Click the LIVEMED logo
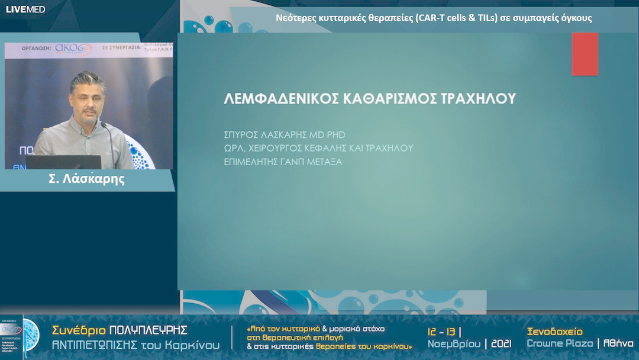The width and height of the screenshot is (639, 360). (x=25, y=9)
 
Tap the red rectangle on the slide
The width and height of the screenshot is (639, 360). (x=585, y=54)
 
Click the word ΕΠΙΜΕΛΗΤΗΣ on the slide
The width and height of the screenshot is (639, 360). (x=250, y=161)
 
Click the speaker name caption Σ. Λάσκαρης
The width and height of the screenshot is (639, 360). (x=86, y=179)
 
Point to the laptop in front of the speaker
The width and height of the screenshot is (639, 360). (x=63, y=162)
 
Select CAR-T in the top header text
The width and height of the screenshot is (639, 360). (x=431, y=18)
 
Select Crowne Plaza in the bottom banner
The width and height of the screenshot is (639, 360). (x=560, y=343)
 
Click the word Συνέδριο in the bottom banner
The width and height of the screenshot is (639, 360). (x=78, y=330)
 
